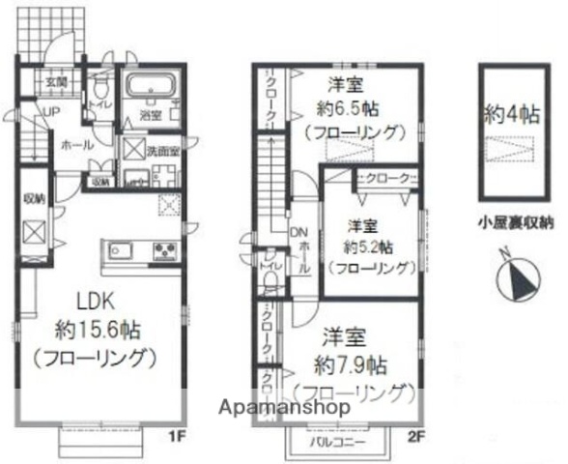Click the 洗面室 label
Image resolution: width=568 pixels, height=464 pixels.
(x=162, y=151)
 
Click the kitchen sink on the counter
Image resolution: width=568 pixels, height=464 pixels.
(x=122, y=252)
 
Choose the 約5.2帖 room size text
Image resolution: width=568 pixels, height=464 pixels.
(x=366, y=246)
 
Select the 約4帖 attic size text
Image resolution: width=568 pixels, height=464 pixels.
(x=512, y=114)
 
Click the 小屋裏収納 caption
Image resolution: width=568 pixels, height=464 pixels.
(x=515, y=221)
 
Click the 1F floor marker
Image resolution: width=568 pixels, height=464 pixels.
(x=179, y=436)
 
